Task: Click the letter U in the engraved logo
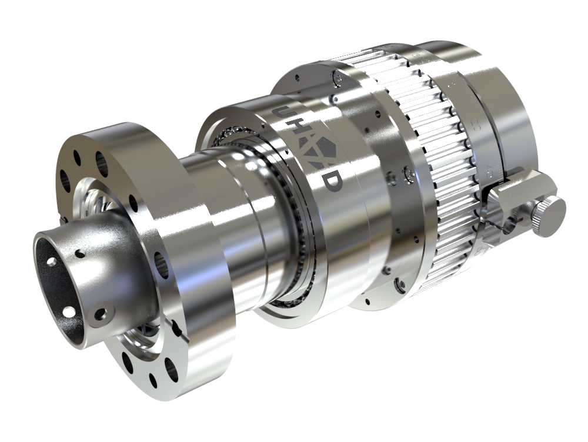point(281,113)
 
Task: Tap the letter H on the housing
point(299,133)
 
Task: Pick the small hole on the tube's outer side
point(79,255)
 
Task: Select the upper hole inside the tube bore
point(52,262)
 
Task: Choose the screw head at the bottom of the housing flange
point(400,285)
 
